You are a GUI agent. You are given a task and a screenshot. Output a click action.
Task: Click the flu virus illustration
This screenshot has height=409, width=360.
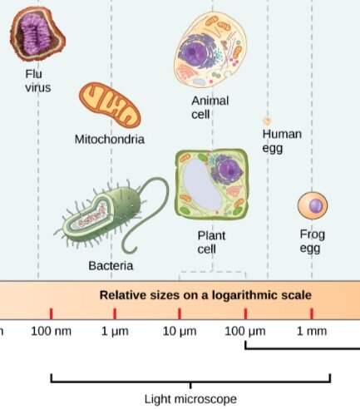pos(37,34)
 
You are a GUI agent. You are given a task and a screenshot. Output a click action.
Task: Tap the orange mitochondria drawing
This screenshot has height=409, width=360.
pos(110,105)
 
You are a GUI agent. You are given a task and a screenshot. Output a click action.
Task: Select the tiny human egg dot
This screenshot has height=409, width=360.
pos(267,121)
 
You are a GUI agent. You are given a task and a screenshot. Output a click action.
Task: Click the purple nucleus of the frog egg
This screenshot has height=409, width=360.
pos(316,206)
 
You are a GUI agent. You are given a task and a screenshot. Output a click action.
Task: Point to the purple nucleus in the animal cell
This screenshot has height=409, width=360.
pos(194,52)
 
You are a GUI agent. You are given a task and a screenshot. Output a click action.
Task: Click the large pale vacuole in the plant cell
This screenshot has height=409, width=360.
pos(203,185)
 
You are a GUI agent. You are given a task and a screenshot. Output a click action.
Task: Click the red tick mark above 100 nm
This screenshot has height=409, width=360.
pos(51,313)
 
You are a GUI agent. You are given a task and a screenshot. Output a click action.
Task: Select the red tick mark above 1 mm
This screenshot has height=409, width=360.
pos(312,313)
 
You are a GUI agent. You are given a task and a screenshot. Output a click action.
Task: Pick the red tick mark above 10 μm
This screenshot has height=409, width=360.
pos(180,313)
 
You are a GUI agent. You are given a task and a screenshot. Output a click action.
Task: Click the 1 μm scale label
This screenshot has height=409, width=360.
pos(115,332)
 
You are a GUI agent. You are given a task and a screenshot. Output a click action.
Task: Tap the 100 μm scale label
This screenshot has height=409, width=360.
pos(245,332)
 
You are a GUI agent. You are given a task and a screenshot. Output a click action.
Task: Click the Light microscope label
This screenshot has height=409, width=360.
pos(190,399)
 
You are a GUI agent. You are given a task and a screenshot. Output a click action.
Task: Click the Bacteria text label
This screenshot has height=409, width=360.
pos(111,266)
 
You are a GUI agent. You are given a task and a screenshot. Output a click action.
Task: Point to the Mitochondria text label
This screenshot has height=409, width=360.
pos(110,139)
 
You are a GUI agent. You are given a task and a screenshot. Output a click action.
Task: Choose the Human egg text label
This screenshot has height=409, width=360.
pos(282,141)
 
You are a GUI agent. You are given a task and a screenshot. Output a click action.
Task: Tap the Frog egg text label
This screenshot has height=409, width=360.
pos(313,241)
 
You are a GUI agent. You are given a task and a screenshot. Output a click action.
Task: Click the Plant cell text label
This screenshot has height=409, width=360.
pos(211,243)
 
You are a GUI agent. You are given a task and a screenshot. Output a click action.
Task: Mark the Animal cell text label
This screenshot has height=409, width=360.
pos(210,107)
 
